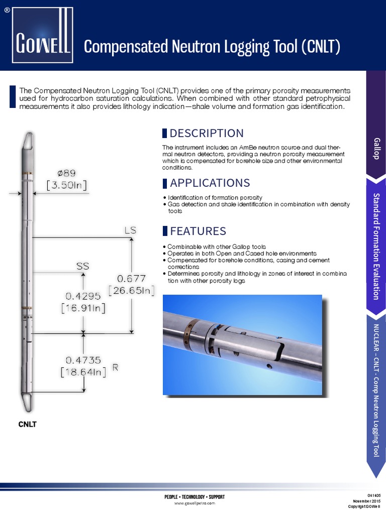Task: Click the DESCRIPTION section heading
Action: tap(206, 133)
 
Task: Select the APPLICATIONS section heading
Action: tap(210, 182)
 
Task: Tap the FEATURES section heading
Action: tap(198, 231)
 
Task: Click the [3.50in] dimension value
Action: tap(67, 185)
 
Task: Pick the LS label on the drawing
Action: tap(130, 230)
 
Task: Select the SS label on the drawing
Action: tap(82, 267)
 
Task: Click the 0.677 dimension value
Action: tap(131, 278)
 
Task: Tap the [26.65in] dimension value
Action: tap(132, 290)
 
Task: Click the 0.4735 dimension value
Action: tap(83, 360)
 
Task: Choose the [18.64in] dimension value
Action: tap(83, 372)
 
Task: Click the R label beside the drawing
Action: tap(115, 367)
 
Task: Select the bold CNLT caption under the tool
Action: tap(28, 424)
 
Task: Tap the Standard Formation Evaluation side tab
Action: tap(376, 245)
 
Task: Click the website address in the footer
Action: tap(195, 502)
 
